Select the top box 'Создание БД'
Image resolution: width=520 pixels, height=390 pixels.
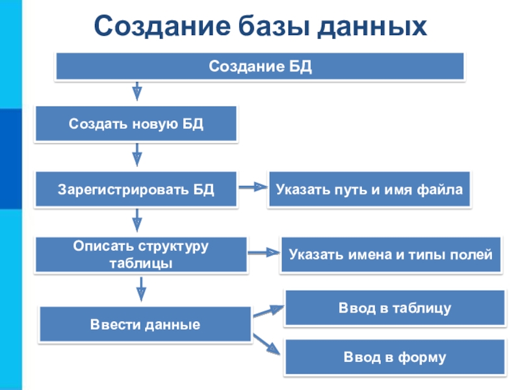260,66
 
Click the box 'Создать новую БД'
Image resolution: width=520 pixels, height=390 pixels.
136,123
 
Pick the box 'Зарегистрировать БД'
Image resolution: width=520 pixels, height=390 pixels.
136,190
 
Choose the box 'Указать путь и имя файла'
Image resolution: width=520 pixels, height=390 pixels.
369,190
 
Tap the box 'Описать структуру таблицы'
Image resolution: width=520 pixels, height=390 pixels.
140,255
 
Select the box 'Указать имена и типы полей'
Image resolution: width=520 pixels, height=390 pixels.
391,254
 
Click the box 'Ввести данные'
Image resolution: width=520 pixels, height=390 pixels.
145,324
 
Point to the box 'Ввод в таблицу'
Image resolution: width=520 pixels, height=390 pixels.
395,307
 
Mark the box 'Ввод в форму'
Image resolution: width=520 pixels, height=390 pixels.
395,357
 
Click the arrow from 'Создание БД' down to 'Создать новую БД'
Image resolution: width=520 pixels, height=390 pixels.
137,90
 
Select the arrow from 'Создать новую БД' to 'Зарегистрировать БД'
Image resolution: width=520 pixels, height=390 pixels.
137,157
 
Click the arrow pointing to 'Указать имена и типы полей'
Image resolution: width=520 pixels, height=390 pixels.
263,252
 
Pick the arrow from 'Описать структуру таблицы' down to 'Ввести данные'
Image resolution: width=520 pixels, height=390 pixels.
140,289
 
